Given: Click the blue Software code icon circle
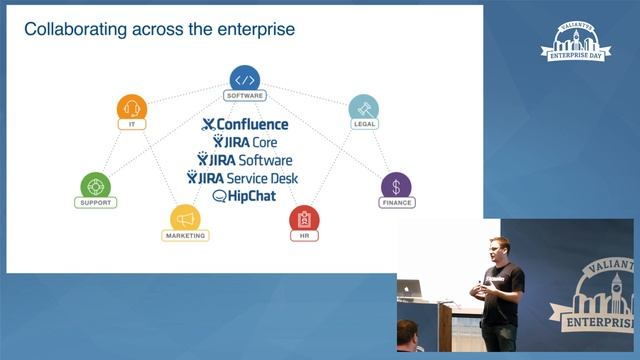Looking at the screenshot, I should point(245,79).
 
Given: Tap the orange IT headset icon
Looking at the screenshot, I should point(131,107).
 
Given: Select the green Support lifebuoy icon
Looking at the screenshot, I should point(96,185).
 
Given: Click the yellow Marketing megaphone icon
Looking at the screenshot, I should point(183,217).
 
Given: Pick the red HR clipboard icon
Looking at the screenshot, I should point(304,218).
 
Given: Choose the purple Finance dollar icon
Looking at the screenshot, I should point(396,185).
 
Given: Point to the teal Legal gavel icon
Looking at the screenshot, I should point(363,107).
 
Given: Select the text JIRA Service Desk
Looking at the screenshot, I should point(247,177).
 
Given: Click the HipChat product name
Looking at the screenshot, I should point(244,195).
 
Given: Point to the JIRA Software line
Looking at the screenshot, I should point(245,160).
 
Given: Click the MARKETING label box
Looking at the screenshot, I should point(183,236).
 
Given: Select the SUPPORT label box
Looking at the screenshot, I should point(96,203).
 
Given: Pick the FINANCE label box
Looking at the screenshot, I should point(396,203).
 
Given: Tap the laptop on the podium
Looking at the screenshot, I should point(411,288).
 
